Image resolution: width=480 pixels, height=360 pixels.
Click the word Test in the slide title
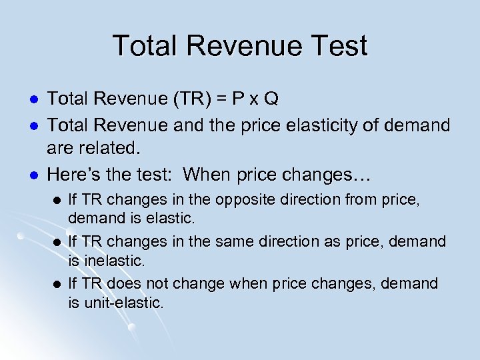coord(336,46)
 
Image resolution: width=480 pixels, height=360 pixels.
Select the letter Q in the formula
coord(271,99)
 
